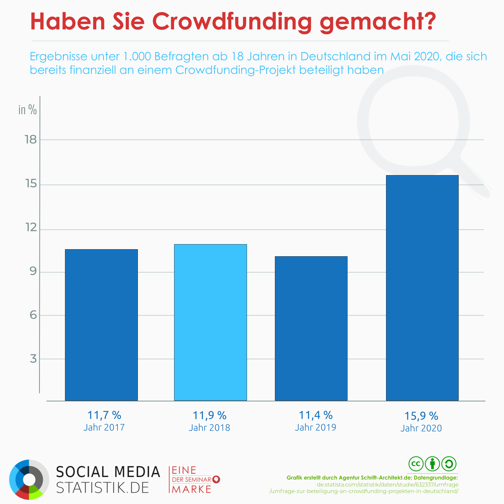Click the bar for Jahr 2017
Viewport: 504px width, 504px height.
[101, 325]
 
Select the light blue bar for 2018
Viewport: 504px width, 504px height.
[210, 322]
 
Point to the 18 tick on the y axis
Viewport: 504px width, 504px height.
[31, 140]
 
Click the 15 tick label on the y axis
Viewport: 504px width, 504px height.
[31, 184]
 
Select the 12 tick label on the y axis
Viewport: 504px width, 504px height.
[31, 228]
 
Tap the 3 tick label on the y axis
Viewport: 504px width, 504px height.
[33, 359]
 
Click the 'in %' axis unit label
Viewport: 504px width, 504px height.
[27, 110]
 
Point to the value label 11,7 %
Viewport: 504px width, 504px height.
[104, 415]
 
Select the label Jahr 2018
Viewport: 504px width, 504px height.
[209, 428]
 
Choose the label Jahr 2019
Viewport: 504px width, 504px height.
[316, 428]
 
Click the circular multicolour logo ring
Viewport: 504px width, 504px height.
[29, 480]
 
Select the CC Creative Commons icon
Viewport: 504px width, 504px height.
[416, 464]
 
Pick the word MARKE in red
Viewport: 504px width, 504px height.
[192, 489]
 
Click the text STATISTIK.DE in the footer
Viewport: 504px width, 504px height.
[102, 488]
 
